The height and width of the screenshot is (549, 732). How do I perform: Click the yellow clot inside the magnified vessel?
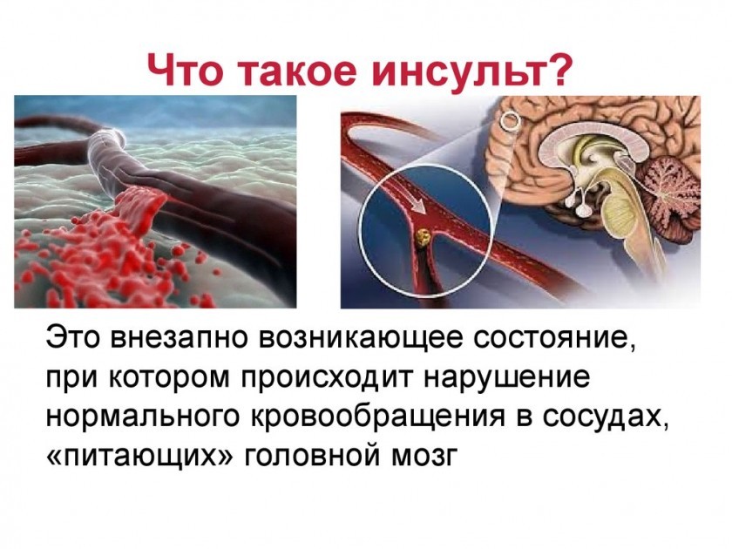point(424,239)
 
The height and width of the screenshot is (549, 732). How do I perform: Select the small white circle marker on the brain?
point(511,120)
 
